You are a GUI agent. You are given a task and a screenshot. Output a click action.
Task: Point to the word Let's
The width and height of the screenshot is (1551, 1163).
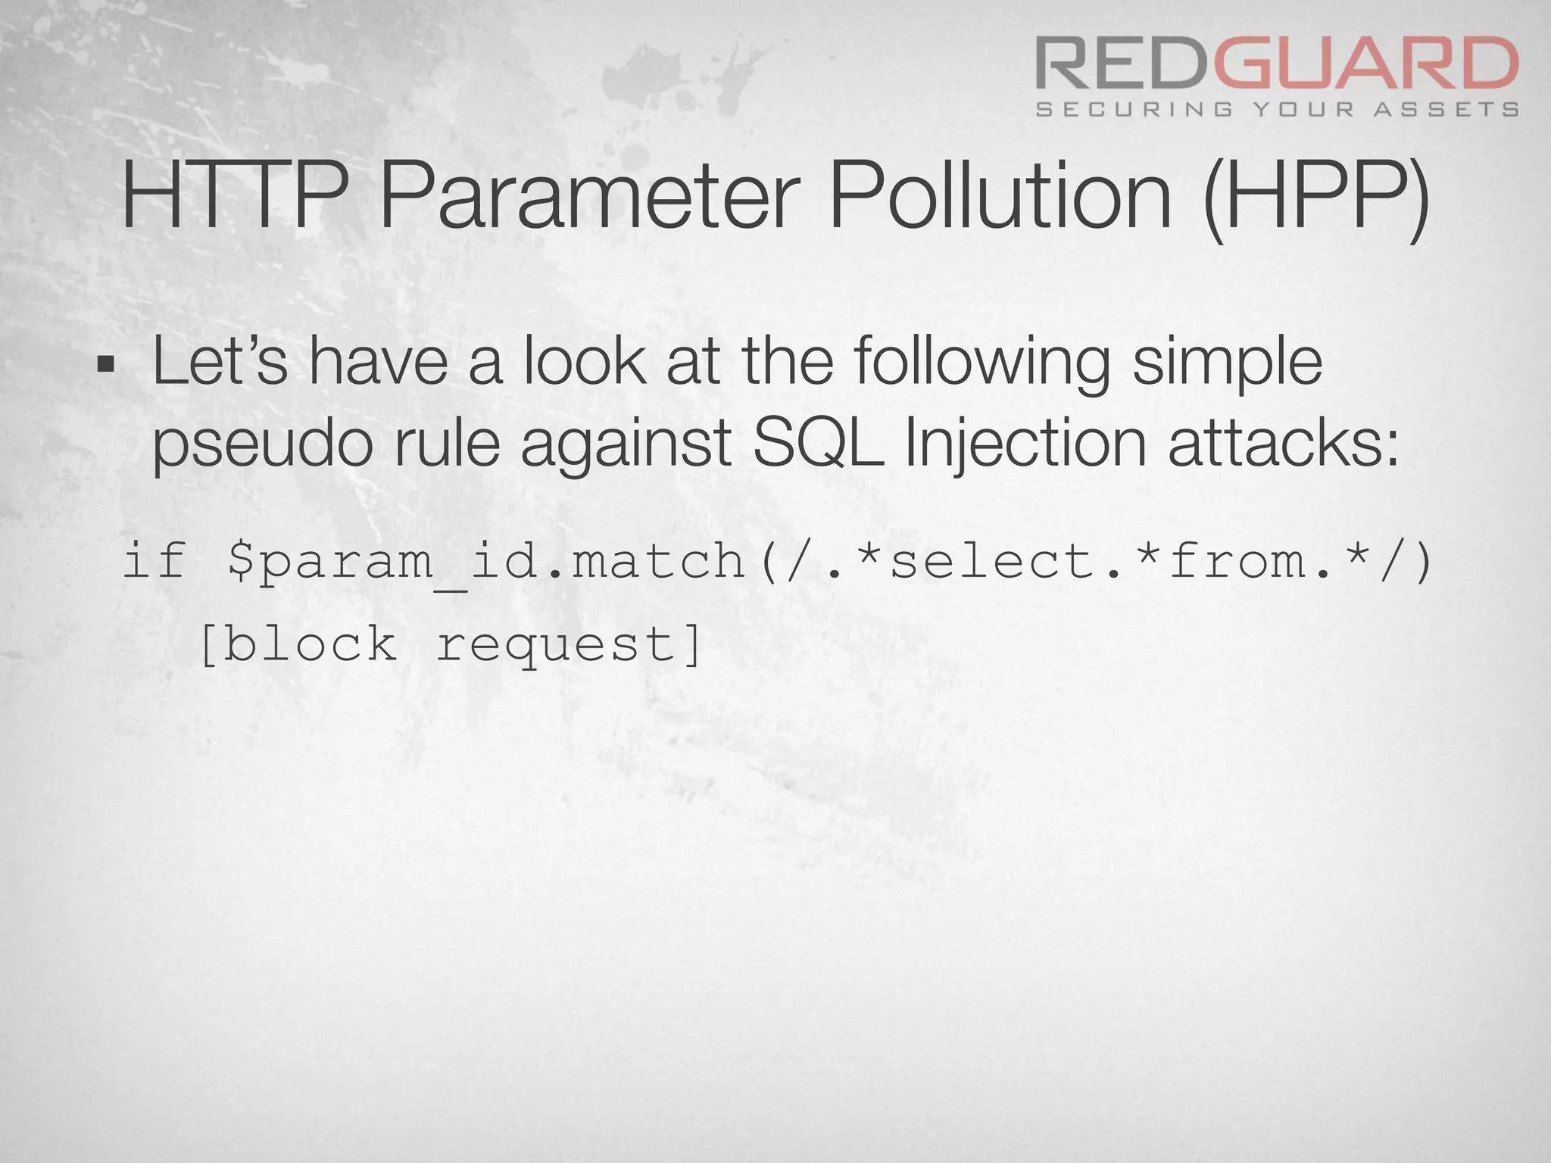[x=220, y=362]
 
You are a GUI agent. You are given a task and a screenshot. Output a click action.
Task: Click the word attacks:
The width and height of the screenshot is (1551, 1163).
[x=1283, y=444]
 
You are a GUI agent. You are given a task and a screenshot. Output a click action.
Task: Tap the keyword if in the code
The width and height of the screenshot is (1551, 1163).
[x=154, y=560]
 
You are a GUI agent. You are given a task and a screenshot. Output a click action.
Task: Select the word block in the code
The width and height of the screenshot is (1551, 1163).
[x=310, y=644]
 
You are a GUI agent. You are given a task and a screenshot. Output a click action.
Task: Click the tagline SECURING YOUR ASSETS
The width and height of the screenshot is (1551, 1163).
[x=1277, y=110]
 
